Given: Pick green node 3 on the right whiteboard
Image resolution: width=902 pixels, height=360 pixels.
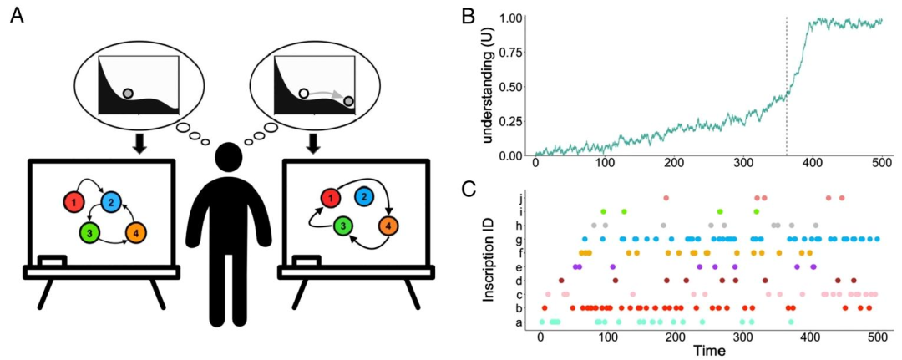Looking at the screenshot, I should [x=342, y=225].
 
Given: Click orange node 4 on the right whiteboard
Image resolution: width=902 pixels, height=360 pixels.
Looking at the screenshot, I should [x=388, y=225].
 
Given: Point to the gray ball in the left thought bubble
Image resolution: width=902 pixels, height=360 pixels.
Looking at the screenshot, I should [x=128, y=93].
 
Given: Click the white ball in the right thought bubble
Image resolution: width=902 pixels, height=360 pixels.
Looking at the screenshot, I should [x=304, y=94].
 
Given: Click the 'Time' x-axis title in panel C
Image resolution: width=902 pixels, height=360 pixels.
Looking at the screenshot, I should [x=707, y=352].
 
